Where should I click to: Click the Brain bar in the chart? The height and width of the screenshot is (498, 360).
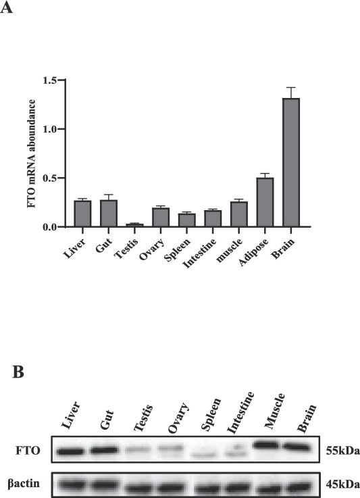pyautogui.click(x=291, y=163)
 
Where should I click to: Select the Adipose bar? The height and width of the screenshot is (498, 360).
pyautogui.click(x=265, y=202)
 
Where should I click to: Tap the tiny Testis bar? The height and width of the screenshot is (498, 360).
pyautogui.click(x=134, y=225)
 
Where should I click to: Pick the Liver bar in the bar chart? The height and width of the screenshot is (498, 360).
pyautogui.click(x=82, y=214)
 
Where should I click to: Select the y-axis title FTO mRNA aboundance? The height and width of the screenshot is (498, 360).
pyautogui.click(x=32, y=153)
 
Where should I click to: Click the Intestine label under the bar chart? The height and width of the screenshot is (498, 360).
pyautogui.click(x=199, y=253)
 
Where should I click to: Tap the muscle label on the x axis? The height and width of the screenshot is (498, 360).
pyautogui.click(x=229, y=250)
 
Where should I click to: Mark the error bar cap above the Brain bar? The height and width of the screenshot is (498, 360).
pyautogui.click(x=291, y=87)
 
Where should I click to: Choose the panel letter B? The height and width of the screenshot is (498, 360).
pyautogui.click(x=18, y=372)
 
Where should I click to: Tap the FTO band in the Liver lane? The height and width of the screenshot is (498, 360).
pyautogui.click(x=70, y=451)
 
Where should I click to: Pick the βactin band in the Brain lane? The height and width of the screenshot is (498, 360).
pyautogui.click(x=299, y=487)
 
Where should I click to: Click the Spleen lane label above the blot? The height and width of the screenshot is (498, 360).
pyautogui.click(x=211, y=414)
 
